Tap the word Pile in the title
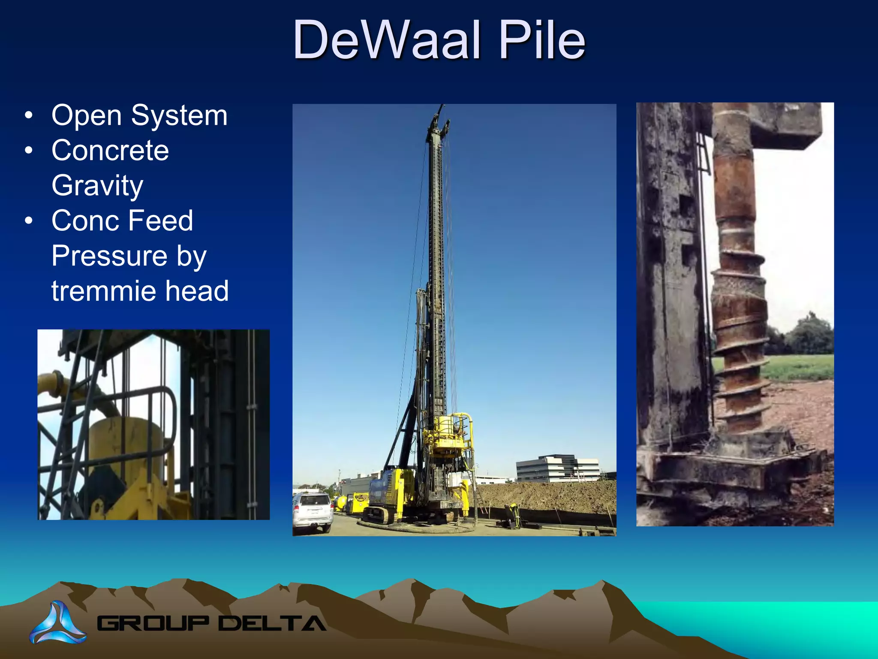click(542, 40)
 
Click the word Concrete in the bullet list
click(110, 151)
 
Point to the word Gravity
click(97, 185)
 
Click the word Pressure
click(109, 256)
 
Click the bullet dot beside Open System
click(29, 115)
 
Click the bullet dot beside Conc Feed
click(29, 221)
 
